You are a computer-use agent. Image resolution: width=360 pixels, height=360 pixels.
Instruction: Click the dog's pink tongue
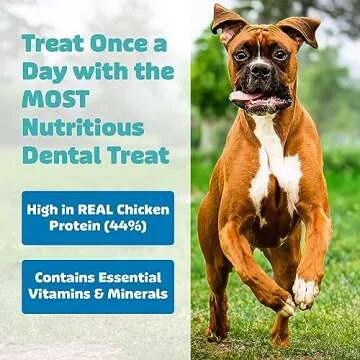pos(243,96)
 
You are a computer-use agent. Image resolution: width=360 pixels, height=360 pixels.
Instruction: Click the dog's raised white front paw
pos(305,292)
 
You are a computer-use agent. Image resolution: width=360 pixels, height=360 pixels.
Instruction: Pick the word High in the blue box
pos(48,207)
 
